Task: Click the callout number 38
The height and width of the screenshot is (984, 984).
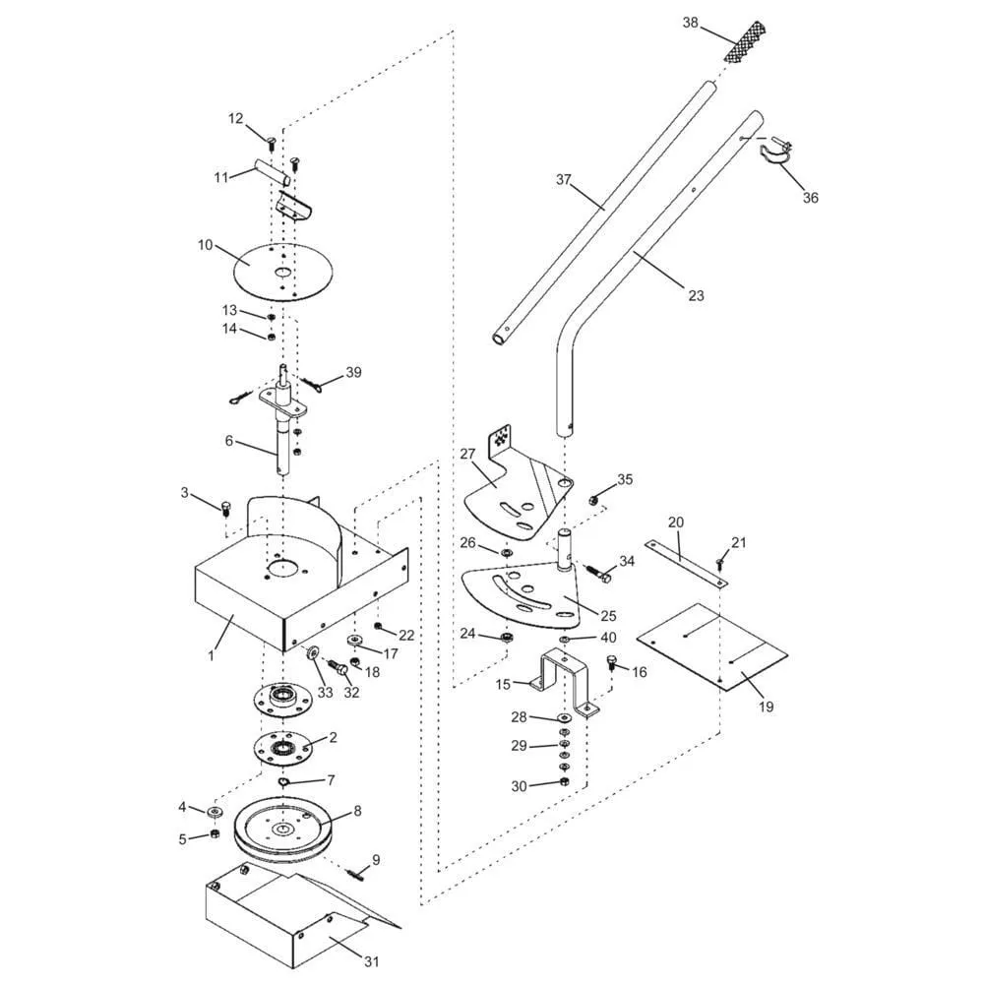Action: pos(690,24)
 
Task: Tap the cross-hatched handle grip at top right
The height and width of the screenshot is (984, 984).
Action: pos(746,41)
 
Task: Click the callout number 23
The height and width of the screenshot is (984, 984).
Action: pos(696,295)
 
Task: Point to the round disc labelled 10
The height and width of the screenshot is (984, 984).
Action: pos(282,272)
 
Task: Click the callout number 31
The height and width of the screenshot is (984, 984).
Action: pos(372,961)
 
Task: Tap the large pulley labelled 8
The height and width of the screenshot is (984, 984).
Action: pos(283,830)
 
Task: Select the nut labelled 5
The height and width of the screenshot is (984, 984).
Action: pos(213,833)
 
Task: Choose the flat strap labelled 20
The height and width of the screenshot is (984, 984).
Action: pos(685,564)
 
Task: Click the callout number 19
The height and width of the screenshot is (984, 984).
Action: pos(766,707)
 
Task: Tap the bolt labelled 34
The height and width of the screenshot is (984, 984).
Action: pos(598,574)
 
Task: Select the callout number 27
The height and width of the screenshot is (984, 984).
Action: pos(467,453)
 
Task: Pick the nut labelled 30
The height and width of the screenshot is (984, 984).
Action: pos(563,782)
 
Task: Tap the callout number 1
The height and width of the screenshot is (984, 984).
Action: pos(212,655)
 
